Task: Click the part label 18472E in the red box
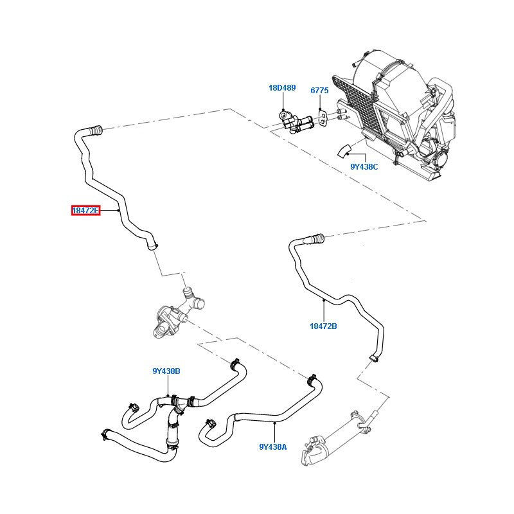click(85, 210)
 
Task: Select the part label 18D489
click(282, 87)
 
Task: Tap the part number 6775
click(320, 91)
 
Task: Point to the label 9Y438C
click(364, 167)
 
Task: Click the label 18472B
click(323, 326)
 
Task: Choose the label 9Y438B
click(166, 371)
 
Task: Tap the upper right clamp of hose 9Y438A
click(311, 377)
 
